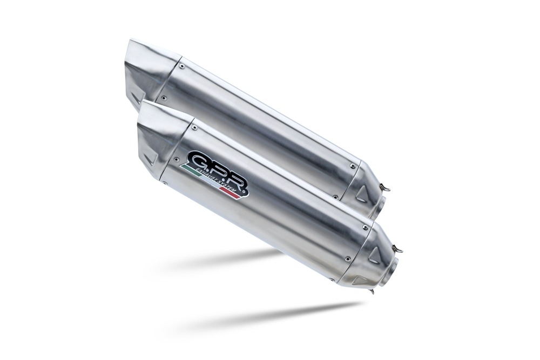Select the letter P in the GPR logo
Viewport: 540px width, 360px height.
(x=217, y=172)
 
